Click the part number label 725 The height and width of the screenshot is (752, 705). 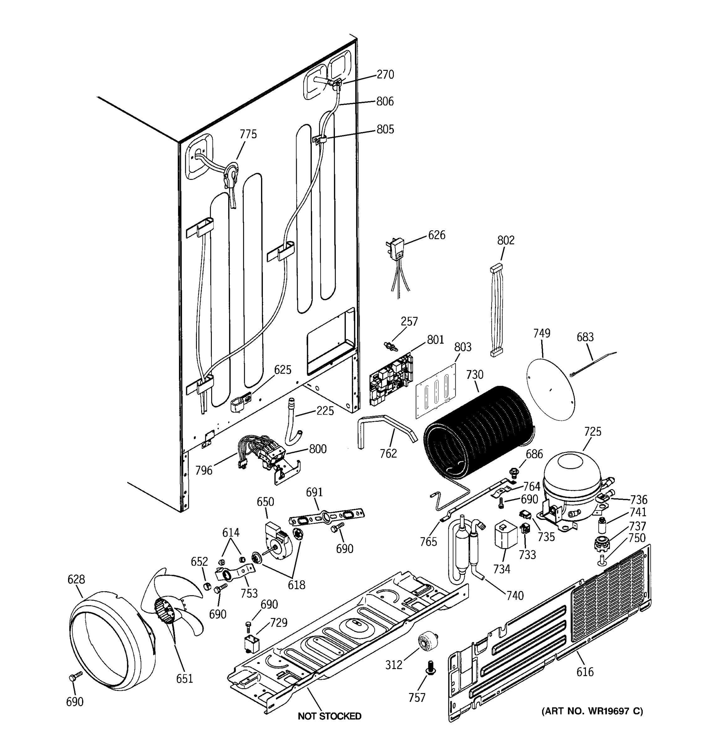pos(592,431)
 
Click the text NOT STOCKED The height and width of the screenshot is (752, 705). pos(329,716)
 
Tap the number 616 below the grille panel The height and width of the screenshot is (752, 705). pos(585,672)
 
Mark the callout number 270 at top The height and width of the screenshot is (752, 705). pos(385,75)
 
